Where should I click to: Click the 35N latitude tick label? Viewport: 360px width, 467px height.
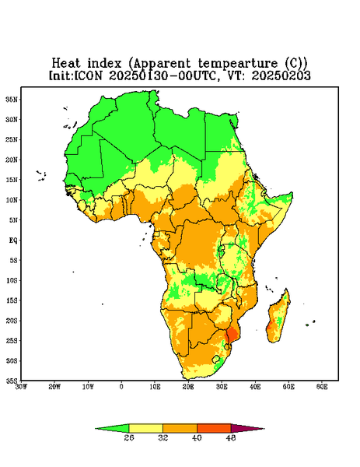coord(12,100)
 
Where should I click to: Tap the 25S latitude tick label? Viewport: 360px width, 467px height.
coord(12,341)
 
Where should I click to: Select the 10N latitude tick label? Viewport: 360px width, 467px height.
coord(12,200)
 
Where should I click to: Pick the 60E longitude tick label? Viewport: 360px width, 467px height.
coord(322,387)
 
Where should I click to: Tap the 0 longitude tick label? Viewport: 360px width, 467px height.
coord(121,387)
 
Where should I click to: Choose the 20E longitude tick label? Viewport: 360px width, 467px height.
coord(188,387)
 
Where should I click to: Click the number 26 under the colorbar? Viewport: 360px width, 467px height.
coord(129,437)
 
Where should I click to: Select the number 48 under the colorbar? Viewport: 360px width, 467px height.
coord(231,437)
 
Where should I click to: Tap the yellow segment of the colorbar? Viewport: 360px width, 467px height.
coord(145,428)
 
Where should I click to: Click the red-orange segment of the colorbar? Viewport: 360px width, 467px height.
coord(214,428)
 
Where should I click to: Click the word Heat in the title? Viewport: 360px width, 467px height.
coord(66,64)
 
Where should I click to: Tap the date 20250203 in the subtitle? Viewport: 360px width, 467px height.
coord(281,75)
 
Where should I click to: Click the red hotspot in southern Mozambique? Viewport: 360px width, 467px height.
coord(232,334)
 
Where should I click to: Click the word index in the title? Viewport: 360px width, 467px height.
coord(105,64)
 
